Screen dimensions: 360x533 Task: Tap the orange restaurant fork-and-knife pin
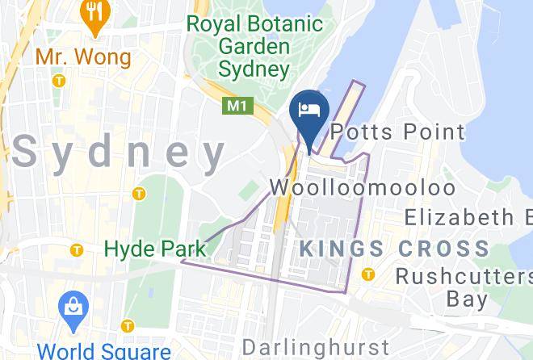click(96, 15)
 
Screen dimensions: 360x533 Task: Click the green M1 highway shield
click(235, 106)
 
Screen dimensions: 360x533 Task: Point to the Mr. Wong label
click(82, 57)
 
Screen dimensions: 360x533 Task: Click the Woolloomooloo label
click(362, 187)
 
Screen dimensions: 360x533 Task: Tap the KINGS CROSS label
click(394, 249)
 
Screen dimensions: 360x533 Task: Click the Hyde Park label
click(155, 249)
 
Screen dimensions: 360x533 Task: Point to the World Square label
click(104, 351)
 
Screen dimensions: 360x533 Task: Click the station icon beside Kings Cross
click(369, 273)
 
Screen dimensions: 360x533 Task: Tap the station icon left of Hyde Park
click(77, 250)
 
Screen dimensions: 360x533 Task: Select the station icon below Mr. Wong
click(58, 81)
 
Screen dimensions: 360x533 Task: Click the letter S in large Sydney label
click(27, 152)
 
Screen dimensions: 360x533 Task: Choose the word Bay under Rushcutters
click(467, 300)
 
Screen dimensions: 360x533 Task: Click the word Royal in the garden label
click(216, 23)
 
